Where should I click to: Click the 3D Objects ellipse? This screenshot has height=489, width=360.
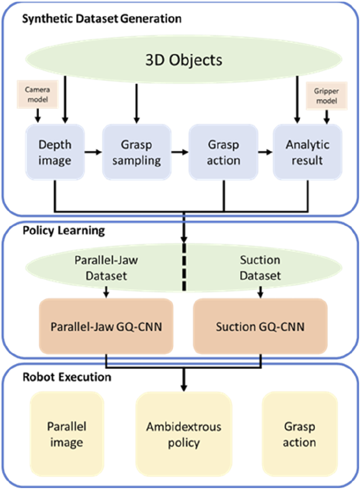[184, 61]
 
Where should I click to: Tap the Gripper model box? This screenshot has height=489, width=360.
[326, 94]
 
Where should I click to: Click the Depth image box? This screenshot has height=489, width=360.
[55, 152]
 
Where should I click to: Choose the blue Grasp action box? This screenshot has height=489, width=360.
[224, 152]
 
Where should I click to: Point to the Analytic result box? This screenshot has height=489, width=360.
[307, 152]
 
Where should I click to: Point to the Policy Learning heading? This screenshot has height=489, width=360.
[50, 231]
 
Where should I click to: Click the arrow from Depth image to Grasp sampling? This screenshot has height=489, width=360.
[93, 152]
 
